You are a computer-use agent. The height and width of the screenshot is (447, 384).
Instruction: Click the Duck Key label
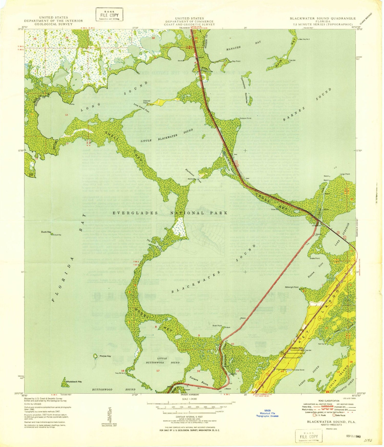tap(46, 232)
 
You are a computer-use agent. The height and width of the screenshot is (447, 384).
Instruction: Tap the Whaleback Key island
tap(65, 382)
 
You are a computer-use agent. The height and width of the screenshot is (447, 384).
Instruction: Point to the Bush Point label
tap(217, 326)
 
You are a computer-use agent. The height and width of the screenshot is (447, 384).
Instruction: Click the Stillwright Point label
tap(292, 287)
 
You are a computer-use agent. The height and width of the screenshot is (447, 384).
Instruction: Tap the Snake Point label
tap(315, 258)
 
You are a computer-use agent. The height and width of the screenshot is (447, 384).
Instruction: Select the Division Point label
tap(245, 118)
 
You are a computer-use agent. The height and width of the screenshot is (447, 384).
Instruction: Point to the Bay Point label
tap(236, 61)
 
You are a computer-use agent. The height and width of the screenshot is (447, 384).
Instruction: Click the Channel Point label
tap(147, 102)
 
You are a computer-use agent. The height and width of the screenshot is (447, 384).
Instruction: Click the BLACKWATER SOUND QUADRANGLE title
tap(323, 18)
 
